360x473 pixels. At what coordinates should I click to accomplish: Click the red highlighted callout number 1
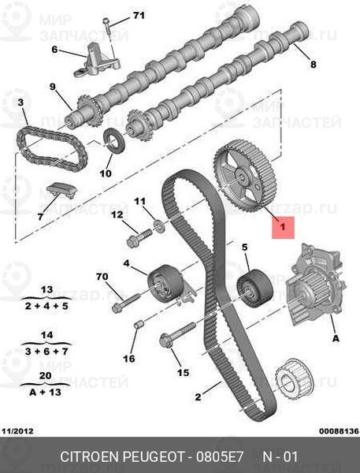click(283, 227)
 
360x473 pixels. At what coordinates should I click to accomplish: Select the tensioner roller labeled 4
click(165, 283)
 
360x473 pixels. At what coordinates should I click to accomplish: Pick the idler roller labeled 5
click(254, 288)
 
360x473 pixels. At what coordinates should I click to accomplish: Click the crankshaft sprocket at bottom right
click(295, 382)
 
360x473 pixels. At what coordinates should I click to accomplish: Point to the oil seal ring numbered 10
click(113, 140)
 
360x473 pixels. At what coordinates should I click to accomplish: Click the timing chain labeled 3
click(52, 149)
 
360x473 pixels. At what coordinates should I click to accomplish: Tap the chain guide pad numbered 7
click(61, 190)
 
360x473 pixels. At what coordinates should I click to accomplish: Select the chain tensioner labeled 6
click(97, 61)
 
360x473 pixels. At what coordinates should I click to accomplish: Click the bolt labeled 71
click(106, 26)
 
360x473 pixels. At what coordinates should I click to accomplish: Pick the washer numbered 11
click(160, 226)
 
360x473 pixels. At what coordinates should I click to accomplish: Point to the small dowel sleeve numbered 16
click(139, 325)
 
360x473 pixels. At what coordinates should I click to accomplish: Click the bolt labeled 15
click(177, 334)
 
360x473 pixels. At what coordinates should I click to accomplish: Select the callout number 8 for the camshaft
click(314, 64)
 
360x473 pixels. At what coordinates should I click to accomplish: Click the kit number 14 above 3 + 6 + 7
click(46, 335)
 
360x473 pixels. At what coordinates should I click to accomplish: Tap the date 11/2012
click(17, 430)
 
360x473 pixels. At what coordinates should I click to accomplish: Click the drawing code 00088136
click(339, 430)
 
